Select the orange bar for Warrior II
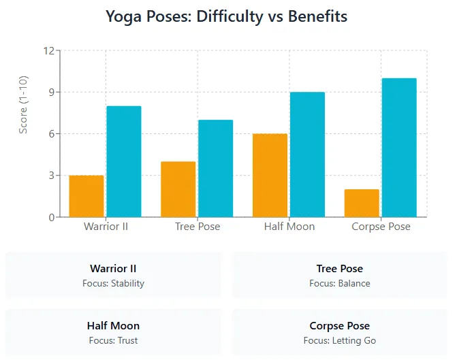point(86,196)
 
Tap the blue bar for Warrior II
point(124,161)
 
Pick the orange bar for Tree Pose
point(178,189)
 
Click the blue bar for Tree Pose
point(216,168)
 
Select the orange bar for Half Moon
point(270,175)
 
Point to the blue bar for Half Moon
point(308,154)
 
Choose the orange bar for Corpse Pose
point(362,203)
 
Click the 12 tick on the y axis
point(48,51)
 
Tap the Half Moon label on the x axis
point(289,226)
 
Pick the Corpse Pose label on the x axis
point(381,226)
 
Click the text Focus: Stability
point(113,283)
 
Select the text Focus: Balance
point(340,283)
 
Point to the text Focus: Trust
point(113,340)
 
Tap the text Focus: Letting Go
point(340,340)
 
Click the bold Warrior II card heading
point(113,269)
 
